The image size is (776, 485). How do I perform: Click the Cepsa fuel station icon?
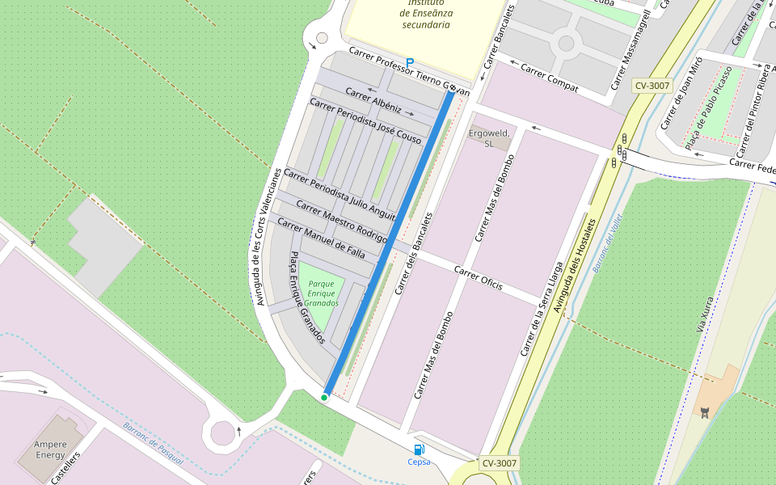[x=419, y=449]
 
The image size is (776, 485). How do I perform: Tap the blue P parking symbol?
[x=410, y=62]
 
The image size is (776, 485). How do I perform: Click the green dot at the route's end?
[x=324, y=397]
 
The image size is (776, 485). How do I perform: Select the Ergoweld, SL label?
[x=489, y=137]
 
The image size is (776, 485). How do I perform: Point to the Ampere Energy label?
[x=50, y=449]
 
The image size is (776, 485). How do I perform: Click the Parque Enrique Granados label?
[x=322, y=293]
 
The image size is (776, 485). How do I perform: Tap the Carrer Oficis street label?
[x=478, y=278]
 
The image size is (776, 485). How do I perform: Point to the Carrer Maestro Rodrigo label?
[x=341, y=221]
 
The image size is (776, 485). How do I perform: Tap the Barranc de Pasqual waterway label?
[x=154, y=444]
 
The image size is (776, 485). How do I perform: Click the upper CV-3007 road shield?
[x=653, y=85]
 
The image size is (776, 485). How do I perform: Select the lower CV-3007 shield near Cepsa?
[x=499, y=463]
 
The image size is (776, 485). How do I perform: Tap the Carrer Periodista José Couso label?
[x=365, y=121]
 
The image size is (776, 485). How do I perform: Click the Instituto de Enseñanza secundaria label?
[x=426, y=13]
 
